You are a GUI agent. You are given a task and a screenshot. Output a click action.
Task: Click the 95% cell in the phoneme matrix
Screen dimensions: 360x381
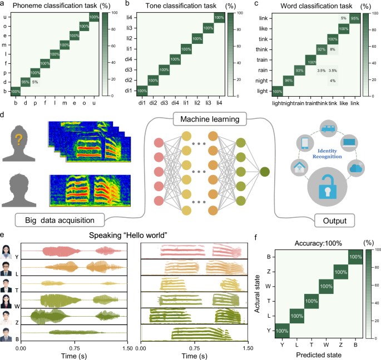coord(25,82)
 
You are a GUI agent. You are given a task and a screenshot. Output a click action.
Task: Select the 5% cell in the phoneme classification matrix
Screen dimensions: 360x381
coord(35,82)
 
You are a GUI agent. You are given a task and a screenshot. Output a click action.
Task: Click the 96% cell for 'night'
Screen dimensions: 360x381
coord(288,82)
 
